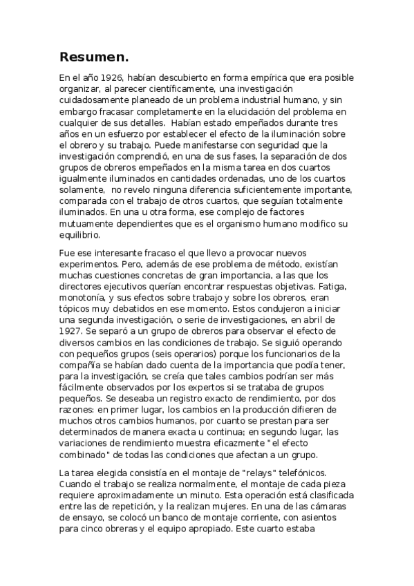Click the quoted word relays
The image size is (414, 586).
(x=265, y=473)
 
